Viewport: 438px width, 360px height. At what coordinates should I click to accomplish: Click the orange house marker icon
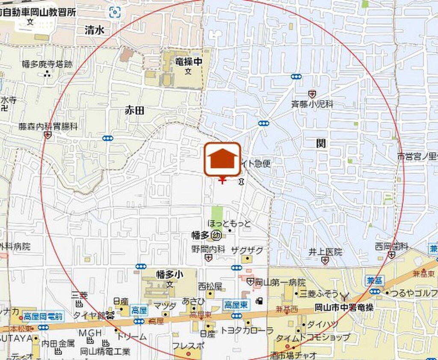[x=222, y=159]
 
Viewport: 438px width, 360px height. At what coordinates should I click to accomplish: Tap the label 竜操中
[x=188, y=62]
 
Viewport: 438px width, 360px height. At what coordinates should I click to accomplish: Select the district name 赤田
[x=134, y=111]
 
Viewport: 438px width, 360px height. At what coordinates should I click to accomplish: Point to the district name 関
[x=321, y=143]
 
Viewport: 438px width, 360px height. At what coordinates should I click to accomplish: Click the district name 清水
[x=95, y=30]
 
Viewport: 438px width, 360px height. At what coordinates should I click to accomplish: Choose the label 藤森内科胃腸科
[x=48, y=127]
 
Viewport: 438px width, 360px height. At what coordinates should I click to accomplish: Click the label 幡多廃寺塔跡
[x=47, y=64]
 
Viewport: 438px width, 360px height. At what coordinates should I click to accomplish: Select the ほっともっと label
[x=229, y=223]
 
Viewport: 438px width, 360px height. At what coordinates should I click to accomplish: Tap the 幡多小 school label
[x=170, y=274]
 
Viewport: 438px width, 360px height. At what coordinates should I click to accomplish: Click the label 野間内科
[x=208, y=249]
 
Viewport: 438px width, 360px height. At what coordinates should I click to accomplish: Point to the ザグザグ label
[x=247, y=250]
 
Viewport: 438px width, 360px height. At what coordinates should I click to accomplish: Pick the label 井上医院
[x=326, y=252]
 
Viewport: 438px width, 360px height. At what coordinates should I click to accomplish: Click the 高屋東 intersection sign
[x=234, y=305]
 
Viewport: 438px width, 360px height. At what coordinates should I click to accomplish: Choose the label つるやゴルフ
[x=411, y=293]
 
